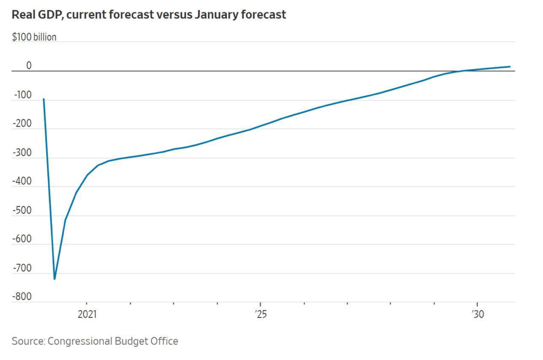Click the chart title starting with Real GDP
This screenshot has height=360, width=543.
point(149,15)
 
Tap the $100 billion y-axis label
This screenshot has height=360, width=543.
point(34,37)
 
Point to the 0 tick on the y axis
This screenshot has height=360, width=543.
point(29,66)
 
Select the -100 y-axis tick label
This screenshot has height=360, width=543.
point(23,95)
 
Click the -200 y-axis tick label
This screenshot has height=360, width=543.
point(22,124)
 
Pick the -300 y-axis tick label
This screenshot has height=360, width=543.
point(22,153)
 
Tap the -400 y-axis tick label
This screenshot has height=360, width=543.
point(22,181)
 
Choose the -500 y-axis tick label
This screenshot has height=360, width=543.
point(22,211)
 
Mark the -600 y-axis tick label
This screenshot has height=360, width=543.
point(22,239)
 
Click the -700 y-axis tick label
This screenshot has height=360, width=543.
point(22,268)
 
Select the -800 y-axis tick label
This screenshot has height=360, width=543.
point(22,297)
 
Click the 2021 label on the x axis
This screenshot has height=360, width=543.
point(87,314)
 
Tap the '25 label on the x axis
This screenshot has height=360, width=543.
point(261,314)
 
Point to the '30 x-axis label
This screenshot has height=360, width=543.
point(478,314)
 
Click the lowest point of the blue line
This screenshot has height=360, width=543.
point(54,279)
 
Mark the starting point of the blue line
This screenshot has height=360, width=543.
point(43,99)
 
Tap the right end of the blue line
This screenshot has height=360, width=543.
point(510,67)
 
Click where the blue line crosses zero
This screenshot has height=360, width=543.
point(460,71)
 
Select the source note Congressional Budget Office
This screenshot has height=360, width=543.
point(95,341)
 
